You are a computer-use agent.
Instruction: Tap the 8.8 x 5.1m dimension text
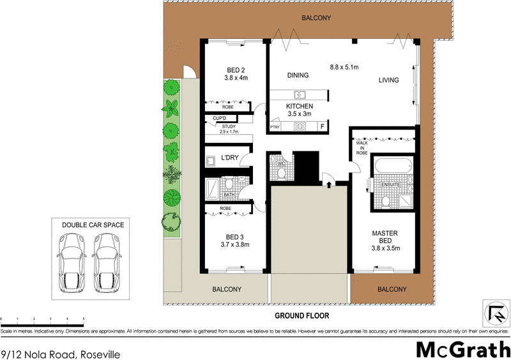click(x=344, y=67)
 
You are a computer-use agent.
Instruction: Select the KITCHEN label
click(x=299, y=105)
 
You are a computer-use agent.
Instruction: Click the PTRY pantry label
click(x=275, y=127)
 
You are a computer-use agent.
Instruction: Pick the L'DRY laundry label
click(x=229, y=158)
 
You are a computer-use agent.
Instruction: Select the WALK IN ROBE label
click(x=362, y=149)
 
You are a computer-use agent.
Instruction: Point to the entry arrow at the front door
click(x=328, y=184)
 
